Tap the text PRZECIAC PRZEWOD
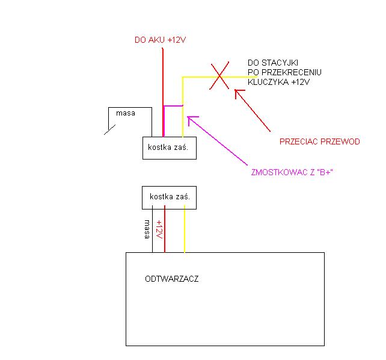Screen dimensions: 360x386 pos(319,142)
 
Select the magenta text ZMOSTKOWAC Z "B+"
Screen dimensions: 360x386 pos(292,173)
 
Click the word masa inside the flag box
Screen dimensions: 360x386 pos(125,113)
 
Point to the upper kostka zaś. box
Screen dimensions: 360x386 pos(170,147)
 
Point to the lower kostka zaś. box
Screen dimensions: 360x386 pos(169,197)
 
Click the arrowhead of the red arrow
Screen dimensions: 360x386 pos(237,92)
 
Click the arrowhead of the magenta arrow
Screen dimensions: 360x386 pos(191,119)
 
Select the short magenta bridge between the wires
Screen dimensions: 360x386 pos(173,107)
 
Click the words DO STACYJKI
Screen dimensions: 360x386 pos(274,63)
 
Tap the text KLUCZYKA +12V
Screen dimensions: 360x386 pos(278,82)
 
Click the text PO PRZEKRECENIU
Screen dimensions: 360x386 pos(284,72)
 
